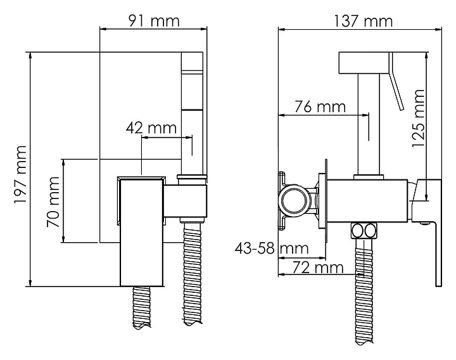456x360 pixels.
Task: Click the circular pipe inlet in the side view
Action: (x=294, y=201)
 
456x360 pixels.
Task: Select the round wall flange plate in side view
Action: (x=324, y=202)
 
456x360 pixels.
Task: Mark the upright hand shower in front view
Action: (x=191, y=108)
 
